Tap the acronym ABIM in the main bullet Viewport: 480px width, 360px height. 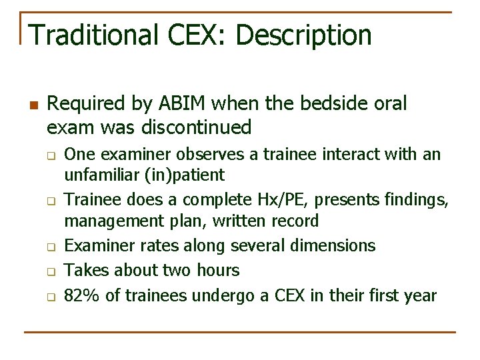click(x=189, y=103)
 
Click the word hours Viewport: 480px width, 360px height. click(x=216, y=270)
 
